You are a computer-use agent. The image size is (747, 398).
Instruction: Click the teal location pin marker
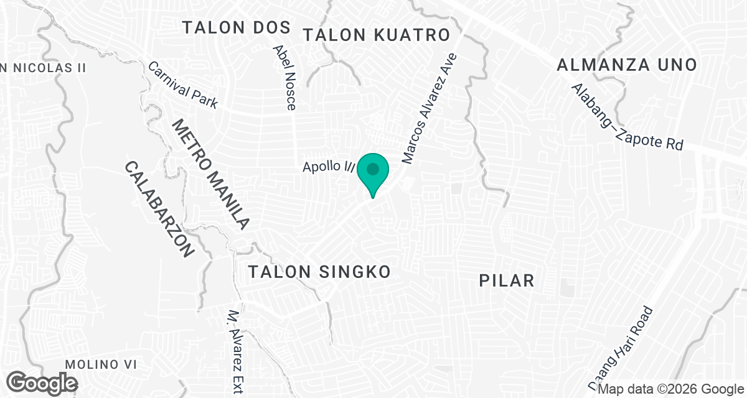(373, 174)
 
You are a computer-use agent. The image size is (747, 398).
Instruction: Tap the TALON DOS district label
(237, 27)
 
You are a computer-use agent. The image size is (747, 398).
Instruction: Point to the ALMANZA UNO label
(626, 64)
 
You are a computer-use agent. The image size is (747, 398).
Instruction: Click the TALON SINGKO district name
(319, 272)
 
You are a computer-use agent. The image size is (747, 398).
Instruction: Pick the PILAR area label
(507, 280)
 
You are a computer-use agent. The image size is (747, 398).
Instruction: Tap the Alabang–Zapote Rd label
(627, 118)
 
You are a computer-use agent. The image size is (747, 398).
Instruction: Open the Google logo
(42, 382)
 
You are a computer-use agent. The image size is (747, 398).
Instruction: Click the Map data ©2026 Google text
(670, 389)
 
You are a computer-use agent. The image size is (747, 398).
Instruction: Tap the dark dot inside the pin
(373, 169)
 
